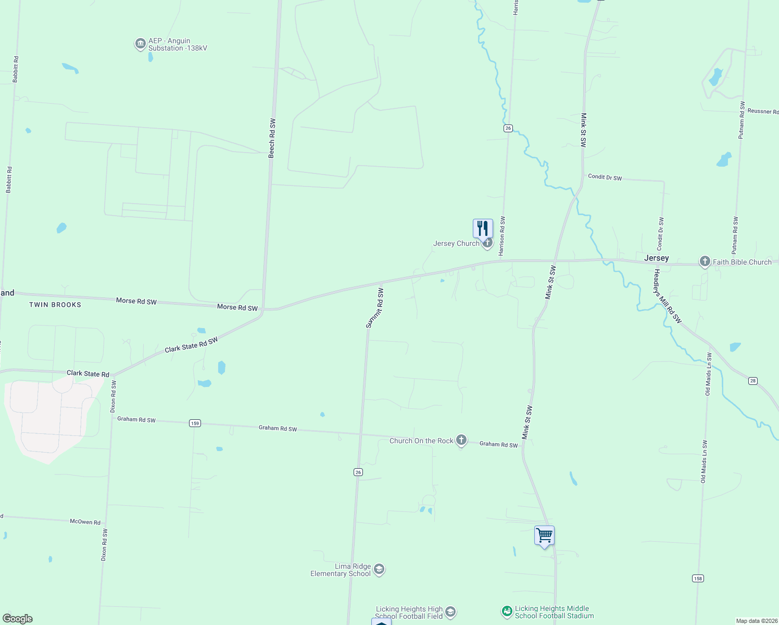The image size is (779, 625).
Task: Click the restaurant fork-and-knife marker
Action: (x=483, y=228)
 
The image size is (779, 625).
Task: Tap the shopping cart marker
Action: (x=544, y=535)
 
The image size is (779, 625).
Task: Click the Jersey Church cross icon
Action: (x=487, y=243)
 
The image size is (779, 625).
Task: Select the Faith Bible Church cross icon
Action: (x=705, y=261)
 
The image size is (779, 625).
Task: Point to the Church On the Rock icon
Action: (x=461, y=440)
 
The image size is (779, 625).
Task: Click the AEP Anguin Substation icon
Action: (x=140, y=44)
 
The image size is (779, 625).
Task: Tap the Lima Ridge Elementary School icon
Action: (x=380, y=569)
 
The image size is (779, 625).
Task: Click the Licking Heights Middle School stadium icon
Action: (x=507, y=611)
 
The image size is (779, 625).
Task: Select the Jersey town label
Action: (x=656, y=258)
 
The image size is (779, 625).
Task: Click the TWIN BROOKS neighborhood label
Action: (x=55, y=305)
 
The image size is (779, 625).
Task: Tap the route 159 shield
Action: (x=195, y=423)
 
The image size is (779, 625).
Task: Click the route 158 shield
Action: (x=698, y=578)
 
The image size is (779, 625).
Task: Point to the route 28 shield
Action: (x=753, y=381)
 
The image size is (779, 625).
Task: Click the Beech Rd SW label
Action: (x=272, y=138)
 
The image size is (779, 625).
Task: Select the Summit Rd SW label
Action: (x=375, y=308)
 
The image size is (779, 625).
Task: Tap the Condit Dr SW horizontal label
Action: (x=605, y=177)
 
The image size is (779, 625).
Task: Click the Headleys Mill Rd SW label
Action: (x=668, y=296)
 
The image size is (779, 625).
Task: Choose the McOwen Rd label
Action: (x=85, y=521)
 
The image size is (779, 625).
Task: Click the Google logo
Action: (x=18, y=619)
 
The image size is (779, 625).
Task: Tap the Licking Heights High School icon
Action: (x=451, y=612)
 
